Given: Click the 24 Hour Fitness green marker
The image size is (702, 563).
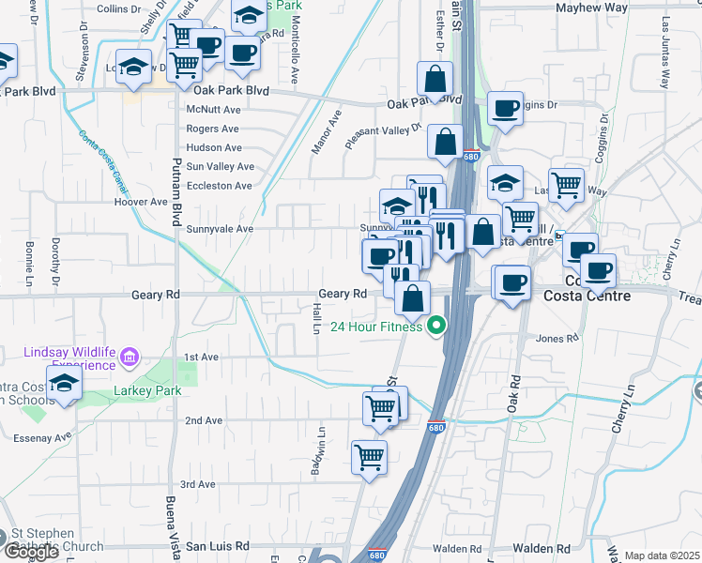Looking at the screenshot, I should point(435,327).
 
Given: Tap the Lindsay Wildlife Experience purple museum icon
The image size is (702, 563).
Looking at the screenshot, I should point(130,357).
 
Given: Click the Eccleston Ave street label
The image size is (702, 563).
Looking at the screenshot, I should point(220,186).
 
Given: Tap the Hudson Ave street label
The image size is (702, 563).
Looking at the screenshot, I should point(214,147).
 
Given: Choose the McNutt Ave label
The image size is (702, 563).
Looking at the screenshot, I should point(214,109).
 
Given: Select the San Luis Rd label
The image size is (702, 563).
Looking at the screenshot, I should point(218,545).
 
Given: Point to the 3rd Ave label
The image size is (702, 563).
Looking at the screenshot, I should point(199,484).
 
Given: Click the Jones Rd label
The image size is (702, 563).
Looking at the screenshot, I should point(557,338).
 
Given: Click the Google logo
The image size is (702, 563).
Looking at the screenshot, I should point(31,552).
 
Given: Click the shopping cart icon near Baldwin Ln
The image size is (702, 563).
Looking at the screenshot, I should point(370,457).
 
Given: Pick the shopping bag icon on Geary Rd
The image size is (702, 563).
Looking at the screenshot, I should point(413,299).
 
